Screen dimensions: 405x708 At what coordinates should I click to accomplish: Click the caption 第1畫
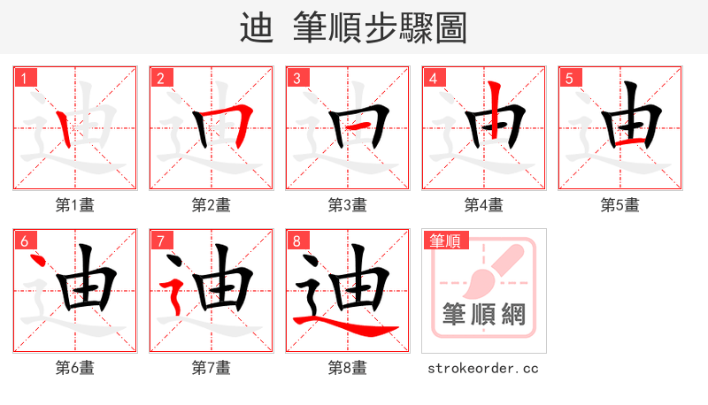click(74, 205)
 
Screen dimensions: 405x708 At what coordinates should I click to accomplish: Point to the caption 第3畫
click(347, 205)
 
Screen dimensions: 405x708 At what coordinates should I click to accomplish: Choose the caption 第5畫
click(619, 205)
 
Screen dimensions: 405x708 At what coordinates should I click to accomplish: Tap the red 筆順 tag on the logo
click(445, 241)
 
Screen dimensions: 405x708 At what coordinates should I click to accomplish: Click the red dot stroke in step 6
click(37, 262)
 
